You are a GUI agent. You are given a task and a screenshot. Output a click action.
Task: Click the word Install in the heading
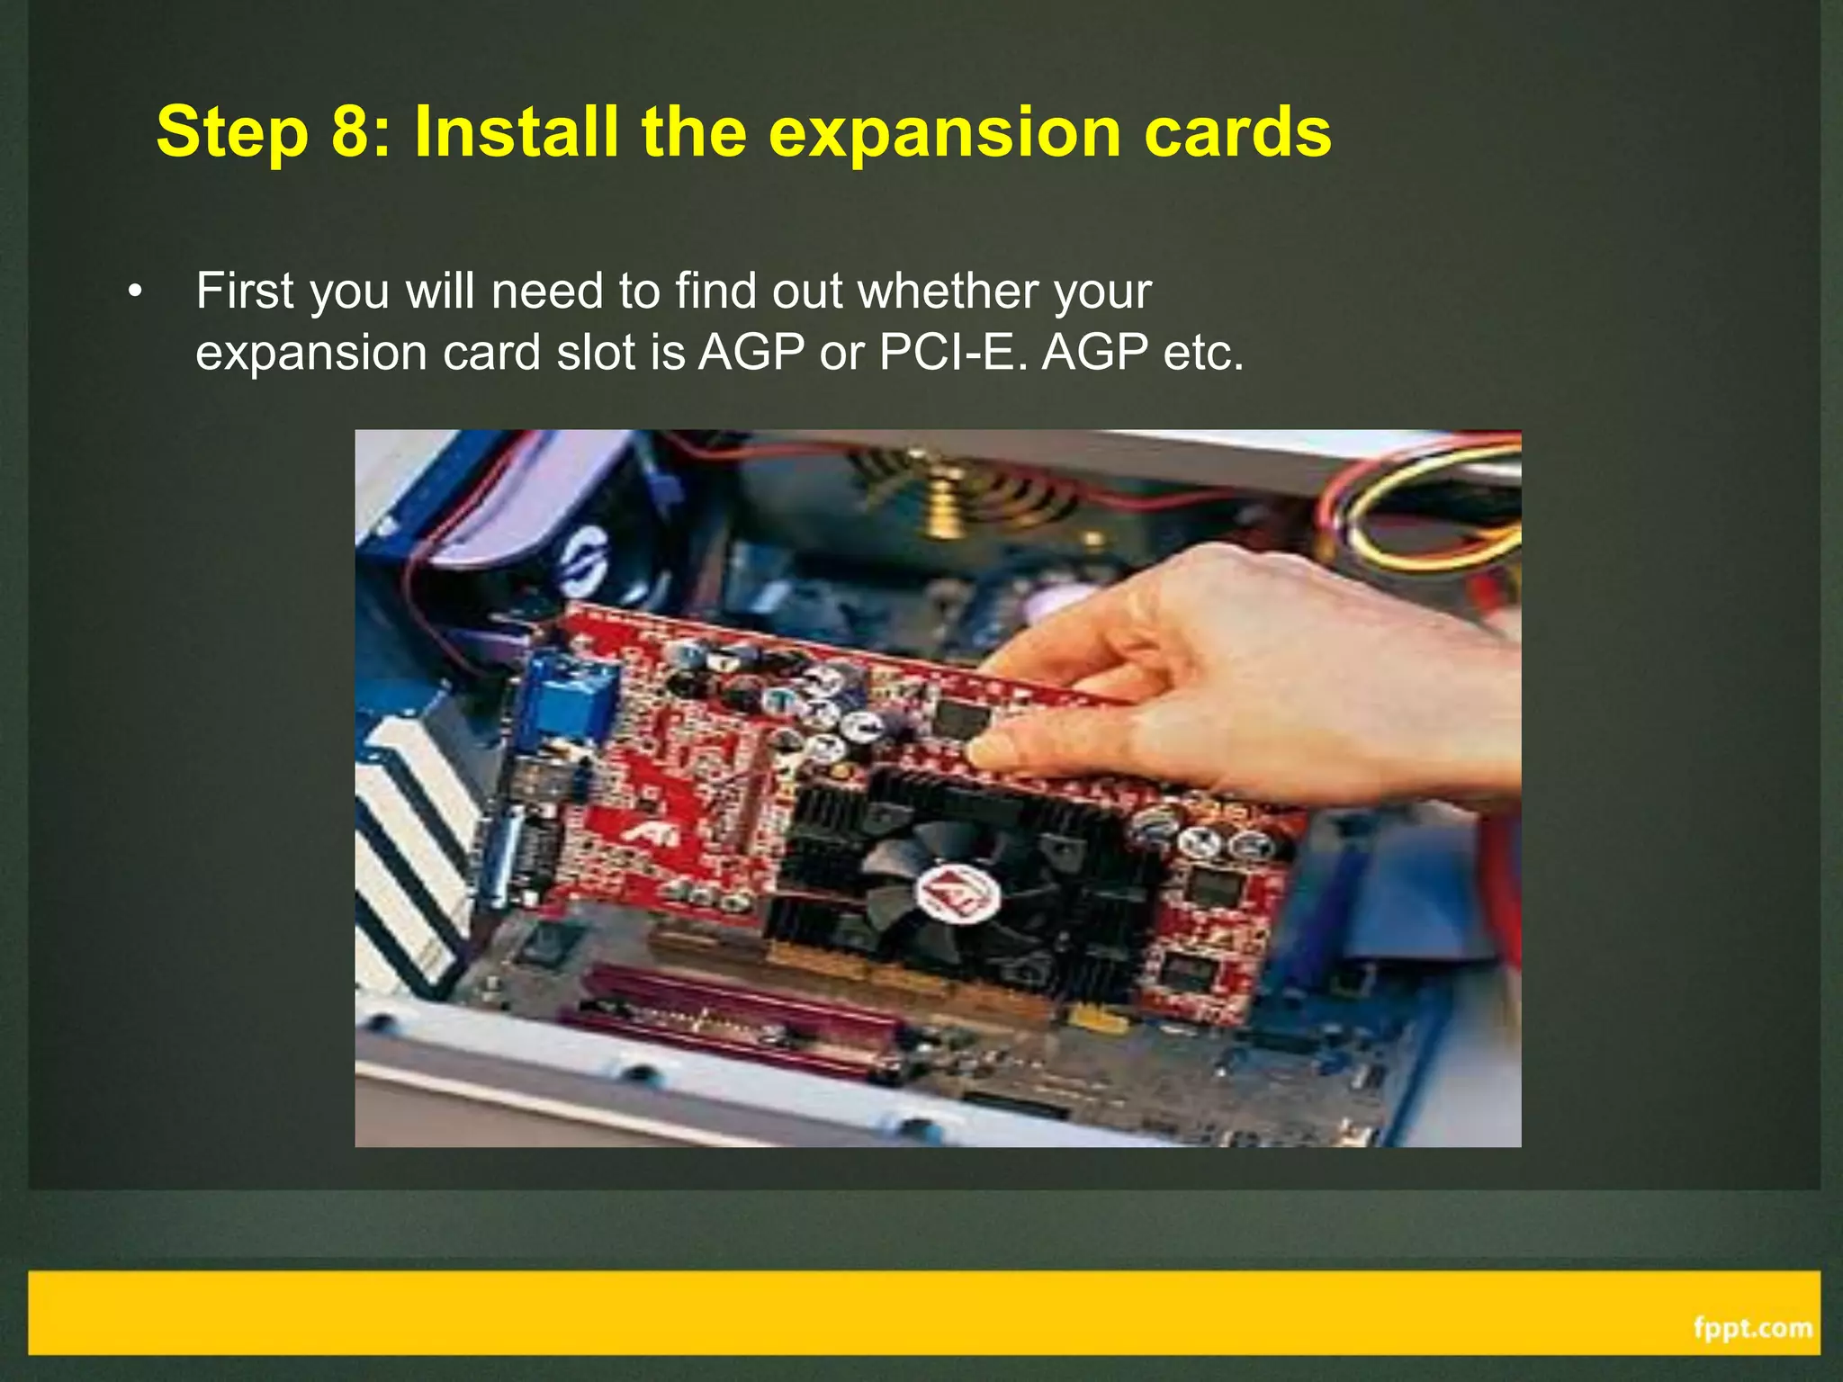tap(516, 132)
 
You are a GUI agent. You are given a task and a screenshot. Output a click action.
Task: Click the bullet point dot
tap(135, 292)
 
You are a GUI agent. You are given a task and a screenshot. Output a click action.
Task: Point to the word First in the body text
tap(246, 291)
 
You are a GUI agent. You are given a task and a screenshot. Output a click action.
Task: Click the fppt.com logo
tap(1751, 1328)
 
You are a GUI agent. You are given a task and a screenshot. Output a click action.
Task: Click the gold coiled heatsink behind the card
tap(945, 495)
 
